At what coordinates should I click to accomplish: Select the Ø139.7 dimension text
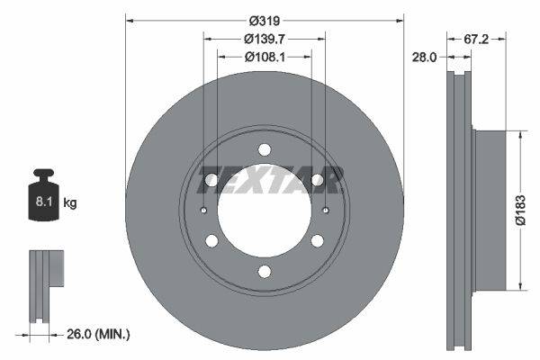(264, 38)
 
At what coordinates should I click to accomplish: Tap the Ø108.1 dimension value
(264, 56)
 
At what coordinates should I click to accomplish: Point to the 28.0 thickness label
(426, 56)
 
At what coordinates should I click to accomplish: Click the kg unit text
(70, 203)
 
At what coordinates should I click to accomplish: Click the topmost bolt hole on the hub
(264, 149)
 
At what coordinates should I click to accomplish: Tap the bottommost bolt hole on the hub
(264, 272)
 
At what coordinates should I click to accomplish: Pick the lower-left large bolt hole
(211, 241)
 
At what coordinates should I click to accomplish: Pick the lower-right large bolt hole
(317, 241)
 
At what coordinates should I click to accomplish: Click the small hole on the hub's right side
(323, 211)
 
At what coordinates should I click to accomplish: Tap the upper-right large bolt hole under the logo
(317, 180)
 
